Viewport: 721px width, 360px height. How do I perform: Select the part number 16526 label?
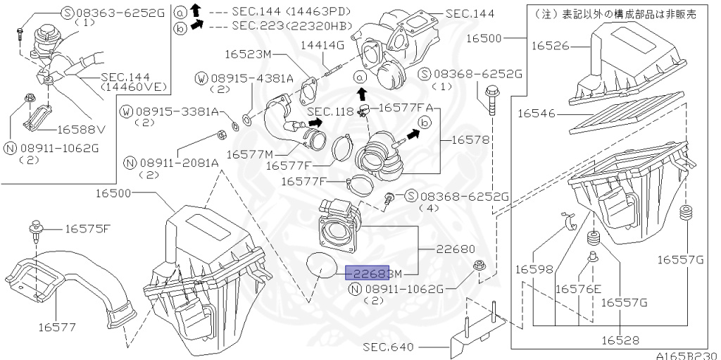point(549,45)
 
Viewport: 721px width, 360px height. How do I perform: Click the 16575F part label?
point(87,228)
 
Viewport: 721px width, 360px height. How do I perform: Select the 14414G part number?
point(322,45)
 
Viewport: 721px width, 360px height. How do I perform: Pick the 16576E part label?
point(578,288)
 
